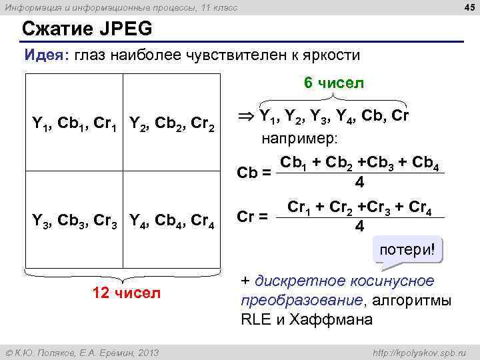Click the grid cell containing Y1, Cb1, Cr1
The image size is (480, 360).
75,123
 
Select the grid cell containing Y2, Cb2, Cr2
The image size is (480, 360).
171,123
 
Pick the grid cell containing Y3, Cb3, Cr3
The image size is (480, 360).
75,219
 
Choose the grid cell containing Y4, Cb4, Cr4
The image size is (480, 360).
171,219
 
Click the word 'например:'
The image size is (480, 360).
299,139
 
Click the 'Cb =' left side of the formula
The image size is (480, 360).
254,173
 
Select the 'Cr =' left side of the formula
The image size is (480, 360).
253,217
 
